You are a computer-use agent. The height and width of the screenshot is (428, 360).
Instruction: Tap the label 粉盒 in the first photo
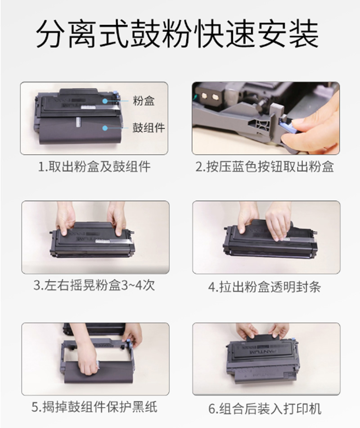click(x=144, y=101)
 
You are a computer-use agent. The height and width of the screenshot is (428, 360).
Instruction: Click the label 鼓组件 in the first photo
click(x=148, y=128)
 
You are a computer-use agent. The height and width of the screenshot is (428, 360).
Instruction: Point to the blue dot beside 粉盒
click(x=105, y=101)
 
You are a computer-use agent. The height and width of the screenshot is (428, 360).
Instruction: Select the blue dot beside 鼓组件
click(x=105, y=128)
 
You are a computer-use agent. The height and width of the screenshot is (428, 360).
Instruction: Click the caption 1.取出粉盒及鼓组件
click(x=94, y=167)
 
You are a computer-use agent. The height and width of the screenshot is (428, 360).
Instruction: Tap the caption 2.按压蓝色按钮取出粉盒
click(x=265, y=167)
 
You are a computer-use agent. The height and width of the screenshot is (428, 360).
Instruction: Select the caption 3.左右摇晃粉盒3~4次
click(x=94, y=285)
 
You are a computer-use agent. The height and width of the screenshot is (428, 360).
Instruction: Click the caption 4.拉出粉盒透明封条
click(x=265, y=287)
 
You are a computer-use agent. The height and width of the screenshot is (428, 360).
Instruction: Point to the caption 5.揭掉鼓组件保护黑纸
click(x=94, y=407)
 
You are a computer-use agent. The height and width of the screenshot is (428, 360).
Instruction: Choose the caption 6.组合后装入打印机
click(x=265, y=409)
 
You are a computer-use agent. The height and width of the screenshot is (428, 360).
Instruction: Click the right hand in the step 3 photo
click(x=117, y=219)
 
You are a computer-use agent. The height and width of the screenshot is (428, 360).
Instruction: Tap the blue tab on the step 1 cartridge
click(x=115, y=94)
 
